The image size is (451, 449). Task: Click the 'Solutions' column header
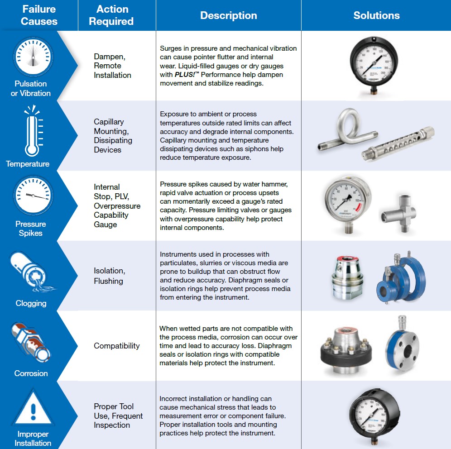click(x=376, y=15)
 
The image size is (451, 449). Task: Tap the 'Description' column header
click(x=228, y=15)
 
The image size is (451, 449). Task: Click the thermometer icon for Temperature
click(x=30, y=131)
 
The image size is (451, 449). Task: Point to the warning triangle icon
click(x=31, y=410)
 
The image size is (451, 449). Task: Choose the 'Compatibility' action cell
click(x=117, y=346)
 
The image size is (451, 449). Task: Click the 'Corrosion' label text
click(x=31, y=373)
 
